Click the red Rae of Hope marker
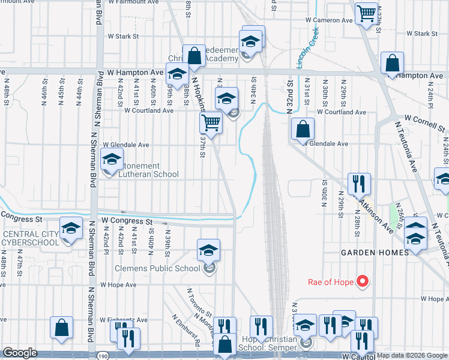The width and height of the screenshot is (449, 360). click(362, 281)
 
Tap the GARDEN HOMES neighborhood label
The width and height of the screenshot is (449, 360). click(375, 253)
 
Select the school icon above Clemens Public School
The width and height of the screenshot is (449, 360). click(208, 249)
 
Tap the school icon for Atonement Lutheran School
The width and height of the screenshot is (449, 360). click(111, 160)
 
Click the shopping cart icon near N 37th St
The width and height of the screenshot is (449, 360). click(211, 122)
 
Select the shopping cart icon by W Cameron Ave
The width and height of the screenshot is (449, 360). click(366, 12)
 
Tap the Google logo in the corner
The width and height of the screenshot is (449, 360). click(20, 353)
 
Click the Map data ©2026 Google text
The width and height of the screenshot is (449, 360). click(412, 355)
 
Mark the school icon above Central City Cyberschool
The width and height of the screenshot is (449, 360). click(71, 230)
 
